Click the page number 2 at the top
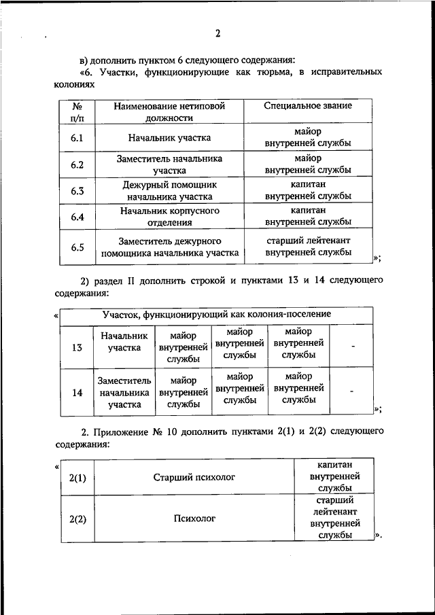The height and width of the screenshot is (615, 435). (218, 34)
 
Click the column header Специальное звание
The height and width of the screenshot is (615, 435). (308, 106)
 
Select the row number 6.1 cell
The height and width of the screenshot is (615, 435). (77, 138)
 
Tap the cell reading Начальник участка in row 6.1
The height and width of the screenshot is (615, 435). (169, 138)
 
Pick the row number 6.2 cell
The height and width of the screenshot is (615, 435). (77, 164)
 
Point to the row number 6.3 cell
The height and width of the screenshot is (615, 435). (77, 191)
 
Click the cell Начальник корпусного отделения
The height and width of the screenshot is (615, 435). (169, 217)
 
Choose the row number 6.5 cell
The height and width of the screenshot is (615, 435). (77, 247)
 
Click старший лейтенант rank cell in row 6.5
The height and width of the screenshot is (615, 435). (308, 246)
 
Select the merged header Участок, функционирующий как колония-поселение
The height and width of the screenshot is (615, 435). (216, 315)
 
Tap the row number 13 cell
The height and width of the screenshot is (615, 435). (77, 348)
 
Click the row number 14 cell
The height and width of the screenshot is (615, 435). (77, 393)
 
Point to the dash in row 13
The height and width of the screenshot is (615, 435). (353, 347)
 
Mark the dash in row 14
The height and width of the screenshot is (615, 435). (353, 391)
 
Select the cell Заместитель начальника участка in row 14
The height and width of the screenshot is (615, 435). (124, 393)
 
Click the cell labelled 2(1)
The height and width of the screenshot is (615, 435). (77, 478)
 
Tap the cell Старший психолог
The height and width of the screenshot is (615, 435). (194, 478)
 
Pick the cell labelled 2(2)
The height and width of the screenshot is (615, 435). (77, 519)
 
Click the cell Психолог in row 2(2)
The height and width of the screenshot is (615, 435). (194, 519)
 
